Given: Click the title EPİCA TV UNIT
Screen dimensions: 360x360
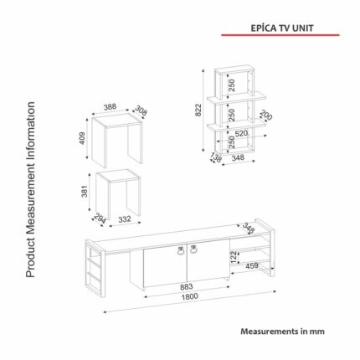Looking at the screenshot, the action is [x=282, y=28].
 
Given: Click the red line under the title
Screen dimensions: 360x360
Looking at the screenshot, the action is [x=280, y=35].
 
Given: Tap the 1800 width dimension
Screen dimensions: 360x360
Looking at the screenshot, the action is [x=190, y=296].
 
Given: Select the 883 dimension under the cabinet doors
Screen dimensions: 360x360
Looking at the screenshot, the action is [x=186, y=286].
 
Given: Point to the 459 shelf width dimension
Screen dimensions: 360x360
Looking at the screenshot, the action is [x=252, y=266].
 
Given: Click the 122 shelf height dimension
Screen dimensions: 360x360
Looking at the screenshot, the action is [x=234, y=257].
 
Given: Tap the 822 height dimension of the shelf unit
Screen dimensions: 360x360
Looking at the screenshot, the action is [x=198, y=110].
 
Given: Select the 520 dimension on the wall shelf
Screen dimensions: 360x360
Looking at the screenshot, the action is [x=241, y=134].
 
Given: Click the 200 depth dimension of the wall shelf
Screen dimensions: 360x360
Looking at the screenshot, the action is [x=265, y=116].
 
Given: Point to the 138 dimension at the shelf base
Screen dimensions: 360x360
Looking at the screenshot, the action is [x=216, y=158].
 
